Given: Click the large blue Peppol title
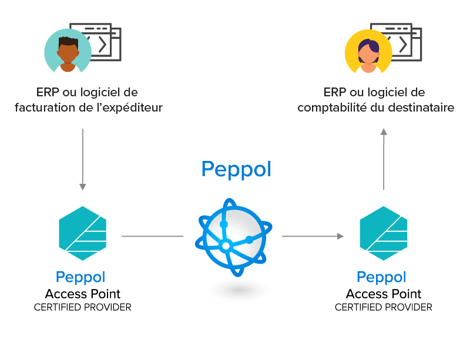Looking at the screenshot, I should point(236,169).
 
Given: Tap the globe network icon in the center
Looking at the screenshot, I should point(234,237).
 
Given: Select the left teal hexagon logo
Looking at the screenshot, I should point(83,233).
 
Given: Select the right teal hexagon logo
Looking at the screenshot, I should point(383,233).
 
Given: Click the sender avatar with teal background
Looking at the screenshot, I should point(68,51).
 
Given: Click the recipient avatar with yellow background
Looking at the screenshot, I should point(368,52).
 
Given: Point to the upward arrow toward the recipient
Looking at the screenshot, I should point(384,159).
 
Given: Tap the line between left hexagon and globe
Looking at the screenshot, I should point(152,237).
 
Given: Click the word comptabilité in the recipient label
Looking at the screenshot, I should point(332,108).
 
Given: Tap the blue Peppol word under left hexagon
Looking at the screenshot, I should point(80,277).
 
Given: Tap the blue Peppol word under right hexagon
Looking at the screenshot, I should point(382,277).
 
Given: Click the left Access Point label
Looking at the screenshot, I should point(83,294).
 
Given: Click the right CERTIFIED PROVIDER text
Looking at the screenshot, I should point(384,307).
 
